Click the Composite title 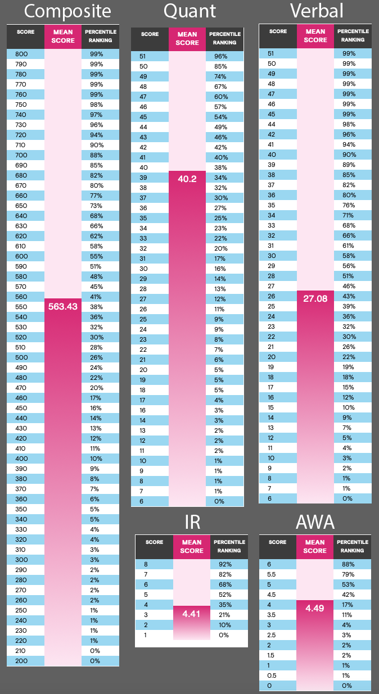(x=60, y=11)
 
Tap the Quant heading (x=189, y=11)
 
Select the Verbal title (x=317, y=11)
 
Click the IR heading (x=192, y=523)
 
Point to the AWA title (x=315, y=523)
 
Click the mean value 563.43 (x=63, y=306)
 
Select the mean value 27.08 (x=314, y=298)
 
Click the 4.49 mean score (x=315, y=608)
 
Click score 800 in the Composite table (x=21, y=54)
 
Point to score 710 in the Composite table (x=21, y=145)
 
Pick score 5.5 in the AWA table (x=271, y=574)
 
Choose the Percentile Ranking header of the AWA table (x=353, y=546)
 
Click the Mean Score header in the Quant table (x=187, y=38)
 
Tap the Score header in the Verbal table (x=278, y=31)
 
